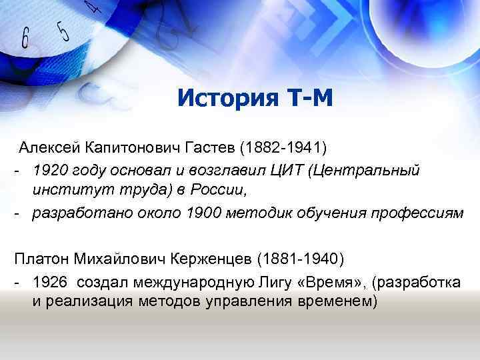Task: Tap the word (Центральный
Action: click(365, 169)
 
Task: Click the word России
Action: click(218, 190)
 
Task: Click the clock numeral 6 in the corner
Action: click(26, 38)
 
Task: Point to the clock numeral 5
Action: click(64, 30)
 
